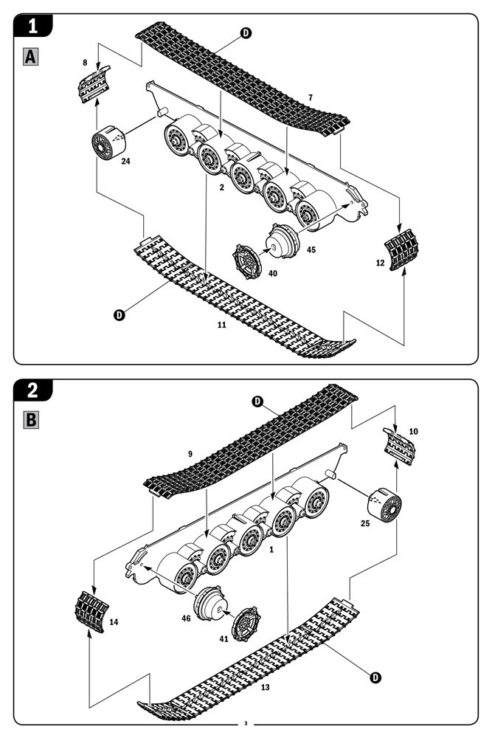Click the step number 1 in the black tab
(33, 27)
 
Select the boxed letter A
(32, 56)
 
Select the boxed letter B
(32, 420)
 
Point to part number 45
(311, 249)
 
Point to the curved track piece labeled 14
(92, 610)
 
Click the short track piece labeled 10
(399, 444)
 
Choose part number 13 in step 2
(265, 687)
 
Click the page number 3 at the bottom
(246, 722)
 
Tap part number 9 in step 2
(190, 454)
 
